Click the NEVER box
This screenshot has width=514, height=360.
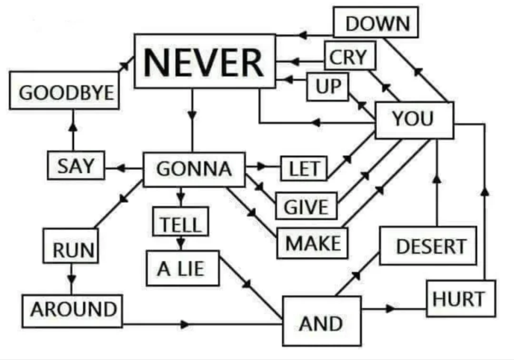tap(205, 61)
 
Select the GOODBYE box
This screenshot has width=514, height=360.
tap(64, 90)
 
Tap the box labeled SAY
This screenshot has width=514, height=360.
tap(76, 165)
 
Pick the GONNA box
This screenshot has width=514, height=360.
tap(194, 169)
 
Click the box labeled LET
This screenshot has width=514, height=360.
tap(304, 168)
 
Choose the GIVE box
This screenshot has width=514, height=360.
tap(306, 206)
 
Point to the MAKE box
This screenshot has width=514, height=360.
tap(312, 243)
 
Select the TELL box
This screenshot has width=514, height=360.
tap(180, 222)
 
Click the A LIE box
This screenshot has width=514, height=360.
tap(183, 268)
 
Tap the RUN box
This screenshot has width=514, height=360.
tap(70, 246)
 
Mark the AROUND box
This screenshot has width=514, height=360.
tap(72, 311)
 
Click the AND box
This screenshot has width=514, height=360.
tap(322, 321)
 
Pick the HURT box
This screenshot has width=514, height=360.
tap(461, 299)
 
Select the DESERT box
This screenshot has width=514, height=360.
tap(428, 246)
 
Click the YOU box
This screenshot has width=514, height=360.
tap(415, 120)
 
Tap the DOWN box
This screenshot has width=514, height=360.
tap(376, 22)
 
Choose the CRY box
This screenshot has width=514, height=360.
tap(350, 55)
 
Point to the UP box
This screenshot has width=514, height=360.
tap(327, 87)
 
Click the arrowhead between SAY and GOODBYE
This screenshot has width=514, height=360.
tap(73, 127)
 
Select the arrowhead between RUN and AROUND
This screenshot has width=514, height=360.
tap(71, 280)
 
